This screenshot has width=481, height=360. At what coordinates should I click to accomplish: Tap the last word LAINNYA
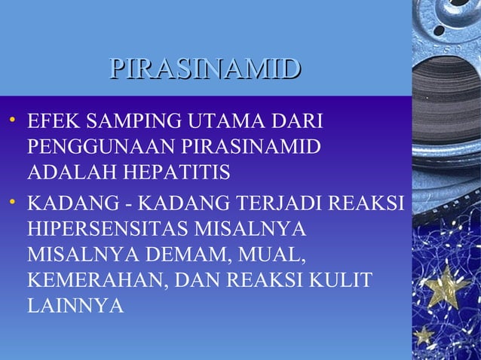[75, 307]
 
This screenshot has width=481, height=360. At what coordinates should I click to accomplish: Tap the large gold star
[446, 287]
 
